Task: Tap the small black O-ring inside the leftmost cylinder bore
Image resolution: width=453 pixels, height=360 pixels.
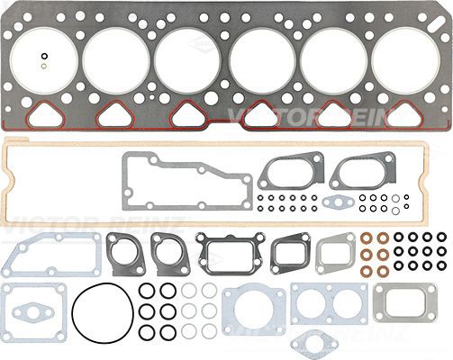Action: tap(44, 56)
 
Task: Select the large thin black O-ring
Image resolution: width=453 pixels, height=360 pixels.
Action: tap(72, 314)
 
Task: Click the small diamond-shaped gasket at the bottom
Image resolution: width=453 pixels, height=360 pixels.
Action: tap(315, 343)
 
